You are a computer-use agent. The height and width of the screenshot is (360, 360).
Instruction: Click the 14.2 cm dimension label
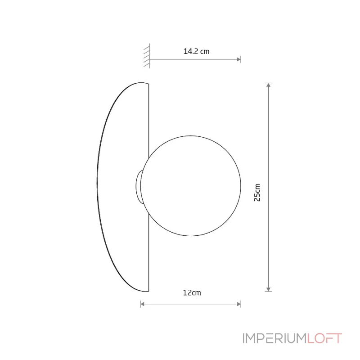(x=196, y=51)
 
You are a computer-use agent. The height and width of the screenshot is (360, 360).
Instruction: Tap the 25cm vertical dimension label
(x=257, y=193)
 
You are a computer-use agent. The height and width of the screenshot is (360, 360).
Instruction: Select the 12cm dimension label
(x=192, y=293)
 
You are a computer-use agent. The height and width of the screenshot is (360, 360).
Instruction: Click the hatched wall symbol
(x=147, y=56)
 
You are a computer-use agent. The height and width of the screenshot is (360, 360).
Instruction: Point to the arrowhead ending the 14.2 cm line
(x=239, y=59)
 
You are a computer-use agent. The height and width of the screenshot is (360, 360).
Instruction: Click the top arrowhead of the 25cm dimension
(x=268, y=85)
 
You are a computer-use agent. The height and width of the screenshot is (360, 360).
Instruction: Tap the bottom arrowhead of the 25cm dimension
(x=268, y=289)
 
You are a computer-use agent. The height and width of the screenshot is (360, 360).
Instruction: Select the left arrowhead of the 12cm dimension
(x=142, y=304)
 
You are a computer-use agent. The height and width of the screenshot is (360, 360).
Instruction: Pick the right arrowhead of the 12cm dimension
(x=239, y=304)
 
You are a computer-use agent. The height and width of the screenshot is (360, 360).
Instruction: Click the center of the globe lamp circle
(x=191, y=186)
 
